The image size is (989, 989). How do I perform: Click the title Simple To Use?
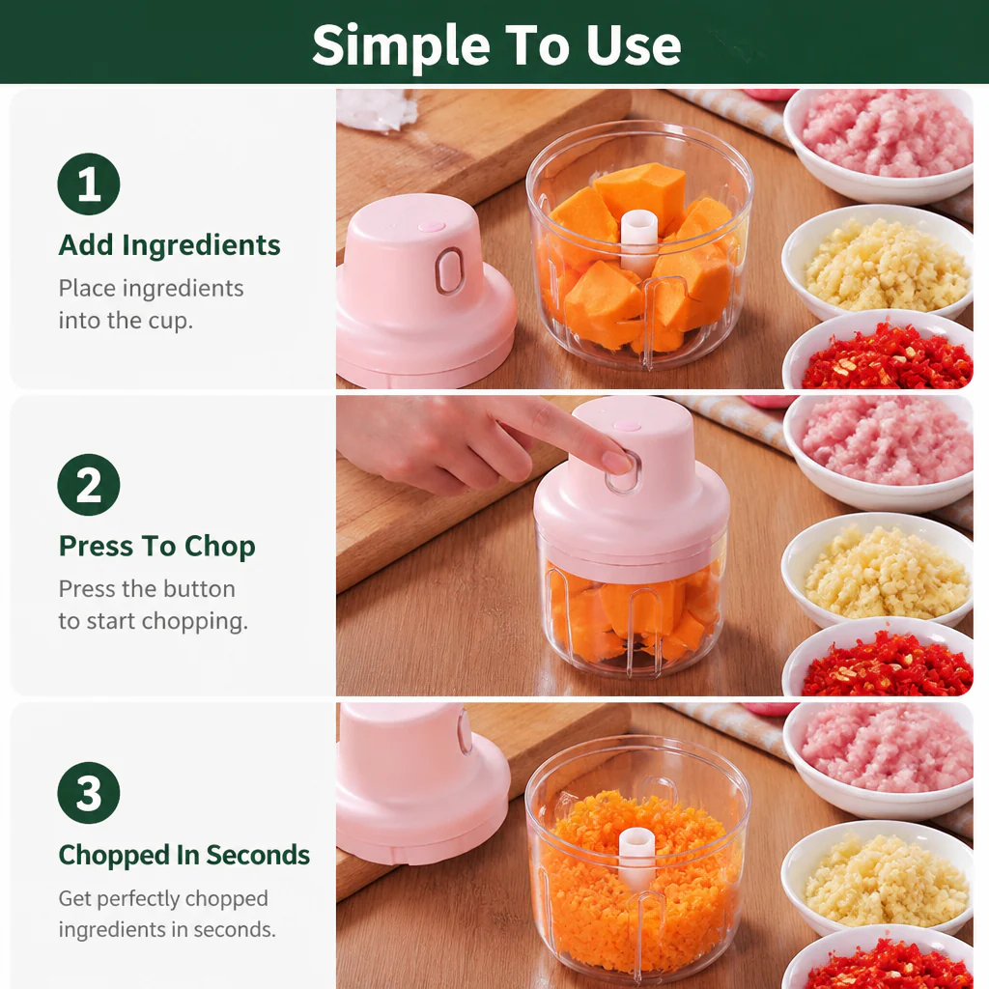pyautogui.click(x=496, y=44)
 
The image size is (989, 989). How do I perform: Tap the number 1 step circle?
pyautogui.click(x=89, y=184)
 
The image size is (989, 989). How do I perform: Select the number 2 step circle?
pyautogui.click(x=89, y=485)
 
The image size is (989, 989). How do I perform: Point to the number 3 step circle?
pyautogui.click(x=89, y=793)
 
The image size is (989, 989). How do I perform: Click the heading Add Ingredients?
pyautogui.click(x=169, y=244)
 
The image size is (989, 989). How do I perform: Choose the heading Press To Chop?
pyautogui.click(x=157, y=547)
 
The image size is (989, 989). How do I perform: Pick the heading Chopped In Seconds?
pyautogui.click(x=184, y=855)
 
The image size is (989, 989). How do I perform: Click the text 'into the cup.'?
pyautogui.click(x=126, y=321)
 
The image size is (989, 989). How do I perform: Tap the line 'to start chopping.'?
pyautogui.click(x=154, y=621)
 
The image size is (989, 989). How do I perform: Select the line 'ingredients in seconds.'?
pyautogui.click(x=167, y=930)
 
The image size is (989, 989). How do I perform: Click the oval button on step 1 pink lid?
pyautogui.click(x=450, y=270)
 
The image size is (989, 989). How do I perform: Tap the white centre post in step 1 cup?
pyautogui.click(x=640, y=242)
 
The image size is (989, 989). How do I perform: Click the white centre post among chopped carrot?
pyautogui.click(x=637, y=857)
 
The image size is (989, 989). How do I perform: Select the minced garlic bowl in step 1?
pyautogui.click(x=877, y=264)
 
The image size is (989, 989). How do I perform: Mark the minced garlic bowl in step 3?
pyautogui.click(x=877, y=878)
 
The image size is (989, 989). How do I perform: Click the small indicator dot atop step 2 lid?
pyautogui.click(x=627, y=426)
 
